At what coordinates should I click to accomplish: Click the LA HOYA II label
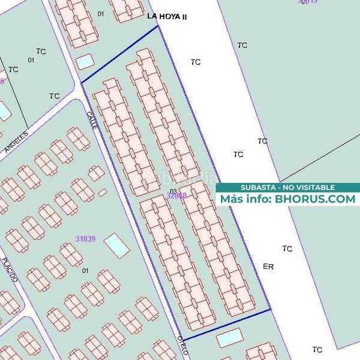167,17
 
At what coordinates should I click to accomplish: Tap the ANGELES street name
16,142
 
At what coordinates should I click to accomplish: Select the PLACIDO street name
10,270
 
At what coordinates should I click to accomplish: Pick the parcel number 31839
85,238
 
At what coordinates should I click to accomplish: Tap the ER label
268,266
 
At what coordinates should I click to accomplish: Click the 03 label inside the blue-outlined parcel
174,191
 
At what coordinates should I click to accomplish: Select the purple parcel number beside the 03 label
177,196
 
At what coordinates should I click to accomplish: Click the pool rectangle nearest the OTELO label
227,338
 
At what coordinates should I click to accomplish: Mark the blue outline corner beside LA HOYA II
158,26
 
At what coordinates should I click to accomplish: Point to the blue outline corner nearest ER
271,310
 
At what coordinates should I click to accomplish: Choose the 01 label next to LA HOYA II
100,13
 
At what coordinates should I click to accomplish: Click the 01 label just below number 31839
85,271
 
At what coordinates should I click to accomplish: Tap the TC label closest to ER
287,248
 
